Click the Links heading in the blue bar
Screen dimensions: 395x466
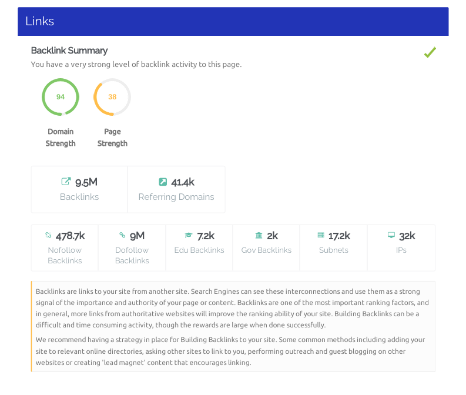pos(40,21)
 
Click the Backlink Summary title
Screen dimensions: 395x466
pos(69,51)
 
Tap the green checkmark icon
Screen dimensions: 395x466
pos(430,53)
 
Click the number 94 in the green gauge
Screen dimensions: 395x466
pos(61,97)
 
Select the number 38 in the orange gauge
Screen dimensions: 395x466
pos(112,97)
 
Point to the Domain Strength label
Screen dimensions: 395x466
pos(61,138)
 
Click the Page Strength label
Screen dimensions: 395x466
pos(112,138)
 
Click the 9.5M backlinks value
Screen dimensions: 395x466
pos(86,182)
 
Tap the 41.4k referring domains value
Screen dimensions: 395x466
pos(183,182)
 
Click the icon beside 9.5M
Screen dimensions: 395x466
pos(66,182)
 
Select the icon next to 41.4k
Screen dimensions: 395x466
pos(163,182)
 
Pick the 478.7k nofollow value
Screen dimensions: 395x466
pos(71,236)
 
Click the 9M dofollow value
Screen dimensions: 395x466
pos(137,236)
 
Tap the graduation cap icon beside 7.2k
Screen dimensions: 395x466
pos(189,236)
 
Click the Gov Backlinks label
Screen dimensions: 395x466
pos(266,250)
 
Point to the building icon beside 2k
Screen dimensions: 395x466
pos(259,236)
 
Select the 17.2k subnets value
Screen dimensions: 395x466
pos(339,236)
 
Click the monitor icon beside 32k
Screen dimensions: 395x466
pos(391,236)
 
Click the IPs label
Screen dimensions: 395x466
pos(401,250)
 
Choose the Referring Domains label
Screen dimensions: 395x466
pos(176,197)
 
